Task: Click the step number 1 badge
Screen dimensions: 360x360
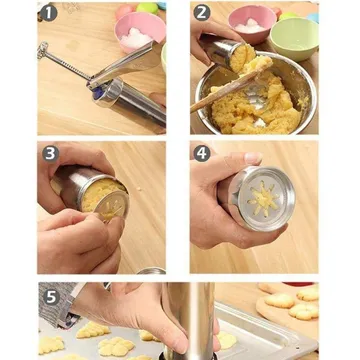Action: [49, 13]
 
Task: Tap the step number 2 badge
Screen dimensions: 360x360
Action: [202, 13]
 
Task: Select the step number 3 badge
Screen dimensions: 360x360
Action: [51, 154]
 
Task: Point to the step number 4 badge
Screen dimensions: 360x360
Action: [202, 154]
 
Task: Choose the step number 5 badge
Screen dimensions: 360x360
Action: [51, 297]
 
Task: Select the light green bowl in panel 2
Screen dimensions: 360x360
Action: [294, 39]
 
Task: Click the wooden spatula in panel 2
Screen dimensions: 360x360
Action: [230, 87]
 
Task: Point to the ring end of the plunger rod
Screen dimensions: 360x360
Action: [43, 50]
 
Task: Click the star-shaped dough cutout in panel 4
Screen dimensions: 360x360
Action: [263, 200]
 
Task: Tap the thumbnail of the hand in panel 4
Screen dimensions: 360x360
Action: [253, 158]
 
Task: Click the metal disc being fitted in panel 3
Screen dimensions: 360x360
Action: [112, 205]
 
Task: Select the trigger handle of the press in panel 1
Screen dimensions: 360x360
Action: [125, 65]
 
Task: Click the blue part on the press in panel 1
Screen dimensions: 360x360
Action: [96, 92]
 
